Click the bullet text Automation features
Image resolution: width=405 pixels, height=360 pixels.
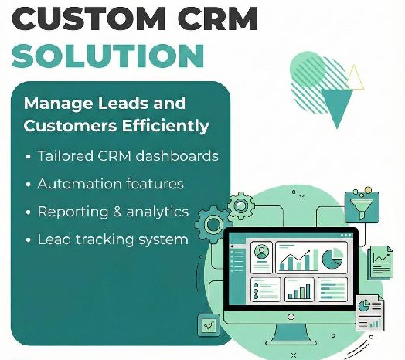click(110, 184)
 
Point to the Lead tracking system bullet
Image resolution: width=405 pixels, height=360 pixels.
click(113, 239)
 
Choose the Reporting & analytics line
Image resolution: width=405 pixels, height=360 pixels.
click(113, 212)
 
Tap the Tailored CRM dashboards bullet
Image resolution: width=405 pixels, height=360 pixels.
click(128, 156)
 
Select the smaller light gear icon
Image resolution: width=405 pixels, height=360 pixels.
click(241, 205)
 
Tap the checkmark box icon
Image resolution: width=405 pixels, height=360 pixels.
click(209, 324)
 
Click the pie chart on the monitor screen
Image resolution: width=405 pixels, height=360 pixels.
click(333, 258)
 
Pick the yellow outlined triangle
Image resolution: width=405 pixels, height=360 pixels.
click(355, 76)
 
